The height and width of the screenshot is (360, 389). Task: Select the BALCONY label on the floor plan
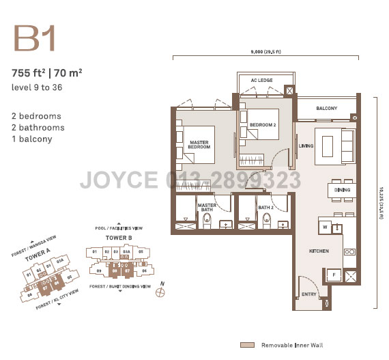tap(327, 109)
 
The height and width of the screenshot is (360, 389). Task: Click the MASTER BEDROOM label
tap(199, 145)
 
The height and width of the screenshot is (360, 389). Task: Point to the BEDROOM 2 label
tap(262, 125)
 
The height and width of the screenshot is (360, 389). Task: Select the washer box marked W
tap(326, 227)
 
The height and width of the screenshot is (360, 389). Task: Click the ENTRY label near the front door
tap(309, 294)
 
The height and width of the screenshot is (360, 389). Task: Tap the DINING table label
tap(343, 189)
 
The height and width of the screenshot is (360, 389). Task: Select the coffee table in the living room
tap(328, 146)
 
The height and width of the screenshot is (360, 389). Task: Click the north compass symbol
tap(160, 292)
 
